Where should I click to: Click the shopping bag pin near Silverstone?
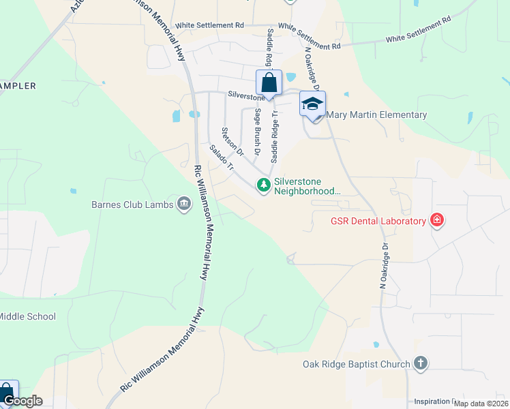[x=269, y=84]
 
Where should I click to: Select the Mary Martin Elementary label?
[x=377, y=115]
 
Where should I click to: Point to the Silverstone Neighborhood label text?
[x=306, y=186]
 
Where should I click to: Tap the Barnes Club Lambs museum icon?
[x=183, y=203]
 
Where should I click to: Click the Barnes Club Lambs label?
[x=133, y=204]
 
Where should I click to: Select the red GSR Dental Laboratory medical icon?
[x=437, y=220]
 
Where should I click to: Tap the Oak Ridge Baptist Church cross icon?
[x=421, y=363]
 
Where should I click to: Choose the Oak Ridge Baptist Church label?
[x=357, y=364]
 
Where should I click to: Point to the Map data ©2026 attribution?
[x=481, y=404]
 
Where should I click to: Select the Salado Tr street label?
[x=222, y=158]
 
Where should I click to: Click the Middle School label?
[x=27, y=316]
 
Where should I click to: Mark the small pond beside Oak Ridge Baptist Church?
[x=376, y=345]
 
